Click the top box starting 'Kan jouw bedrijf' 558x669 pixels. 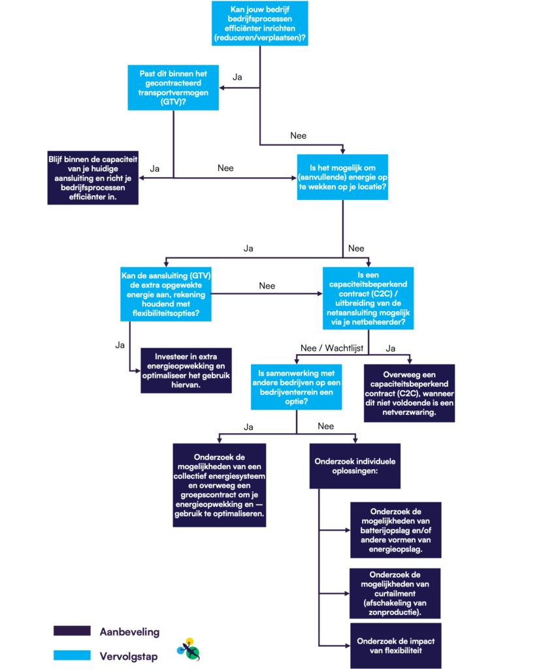[260, 24]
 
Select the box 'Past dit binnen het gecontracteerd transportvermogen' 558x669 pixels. [173, 88]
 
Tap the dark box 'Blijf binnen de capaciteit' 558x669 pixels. [93, 178]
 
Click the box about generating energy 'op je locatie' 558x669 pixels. [342, 177]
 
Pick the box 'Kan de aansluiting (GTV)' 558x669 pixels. [166, 294]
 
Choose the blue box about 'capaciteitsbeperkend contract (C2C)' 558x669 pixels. [368, 298]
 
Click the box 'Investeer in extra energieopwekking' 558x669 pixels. [186, 370]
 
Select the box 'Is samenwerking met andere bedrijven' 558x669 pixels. [297, 387]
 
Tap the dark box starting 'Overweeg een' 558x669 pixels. [410, 393]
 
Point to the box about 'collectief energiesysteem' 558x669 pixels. [220, 485]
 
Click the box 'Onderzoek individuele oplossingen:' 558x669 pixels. [355, 466]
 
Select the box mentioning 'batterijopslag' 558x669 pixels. [396, 530]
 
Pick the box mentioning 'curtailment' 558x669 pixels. [395, 593]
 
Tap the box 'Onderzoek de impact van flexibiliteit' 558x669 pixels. [396, 645]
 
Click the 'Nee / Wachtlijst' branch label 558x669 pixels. [332, 348]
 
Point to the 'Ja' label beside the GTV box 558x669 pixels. [237, 77]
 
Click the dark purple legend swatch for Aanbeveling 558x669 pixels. [72, 631]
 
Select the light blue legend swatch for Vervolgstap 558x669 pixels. [72, 655]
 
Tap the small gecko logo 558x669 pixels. [189, 649]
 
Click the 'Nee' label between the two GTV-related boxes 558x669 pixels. [267, 286]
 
